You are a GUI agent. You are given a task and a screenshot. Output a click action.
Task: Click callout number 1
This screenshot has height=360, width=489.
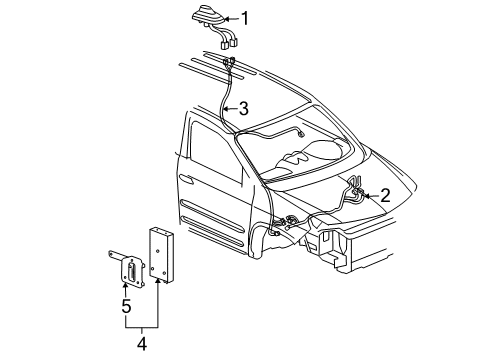click(x=245, y=18)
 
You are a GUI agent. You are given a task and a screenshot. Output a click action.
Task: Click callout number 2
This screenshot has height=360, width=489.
click(x=385, y=195)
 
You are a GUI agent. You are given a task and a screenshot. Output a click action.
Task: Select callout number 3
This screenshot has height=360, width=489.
click(x=244, y=109)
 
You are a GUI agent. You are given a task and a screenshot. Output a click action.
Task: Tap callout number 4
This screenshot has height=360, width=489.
click(x=142, y=343)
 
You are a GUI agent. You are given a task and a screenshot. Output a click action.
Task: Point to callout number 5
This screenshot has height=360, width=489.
click(x=126, y=306)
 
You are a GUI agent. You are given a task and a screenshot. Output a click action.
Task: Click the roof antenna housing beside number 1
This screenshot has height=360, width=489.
click(x=208, y=16)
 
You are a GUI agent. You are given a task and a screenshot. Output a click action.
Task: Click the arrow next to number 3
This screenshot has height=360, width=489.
click(x=230, y=109)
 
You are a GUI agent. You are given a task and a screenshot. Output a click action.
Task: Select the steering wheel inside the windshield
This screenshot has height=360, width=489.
click(x=293, y=157)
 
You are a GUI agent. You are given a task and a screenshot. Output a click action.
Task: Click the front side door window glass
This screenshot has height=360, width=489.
click(x=216, y=152)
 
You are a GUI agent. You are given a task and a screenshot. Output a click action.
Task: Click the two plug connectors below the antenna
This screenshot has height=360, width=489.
click(x=229, y=44)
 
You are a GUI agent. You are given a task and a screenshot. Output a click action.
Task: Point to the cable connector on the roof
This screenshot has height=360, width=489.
click(x=229, y=62)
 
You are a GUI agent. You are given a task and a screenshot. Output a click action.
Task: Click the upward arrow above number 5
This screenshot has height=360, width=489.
click(x=126, y=290)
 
